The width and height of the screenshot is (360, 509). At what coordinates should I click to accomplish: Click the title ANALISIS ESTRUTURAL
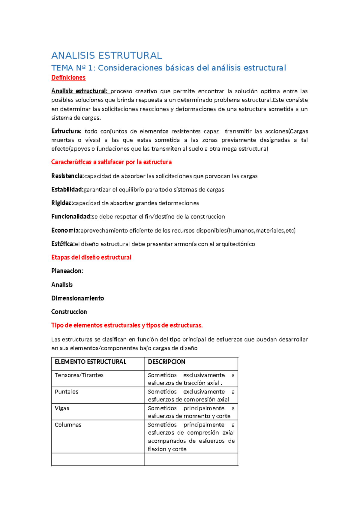point(106,56)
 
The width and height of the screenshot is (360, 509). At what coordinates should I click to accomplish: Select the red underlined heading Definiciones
point(68,78)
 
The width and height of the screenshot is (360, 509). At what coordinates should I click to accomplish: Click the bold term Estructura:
point(66,131)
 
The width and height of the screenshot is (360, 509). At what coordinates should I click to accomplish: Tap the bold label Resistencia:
point(67,176)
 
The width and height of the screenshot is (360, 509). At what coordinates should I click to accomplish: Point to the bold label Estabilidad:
point(67,189)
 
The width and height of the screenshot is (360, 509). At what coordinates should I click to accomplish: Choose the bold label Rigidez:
point(62,203)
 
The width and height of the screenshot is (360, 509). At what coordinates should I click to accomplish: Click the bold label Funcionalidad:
point(71,216)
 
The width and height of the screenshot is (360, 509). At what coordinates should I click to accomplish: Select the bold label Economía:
point(65,230)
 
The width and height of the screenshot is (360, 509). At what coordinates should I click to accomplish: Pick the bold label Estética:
point(63,244)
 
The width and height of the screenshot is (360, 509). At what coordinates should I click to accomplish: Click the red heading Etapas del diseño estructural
point(91,257)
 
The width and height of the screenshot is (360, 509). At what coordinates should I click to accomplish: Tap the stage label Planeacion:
point(67,271)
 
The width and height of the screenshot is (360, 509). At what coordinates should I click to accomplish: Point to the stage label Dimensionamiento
point(78,298)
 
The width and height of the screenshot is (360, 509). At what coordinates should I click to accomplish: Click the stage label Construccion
point(69,312)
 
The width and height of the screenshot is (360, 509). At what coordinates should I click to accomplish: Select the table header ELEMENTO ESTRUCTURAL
point(90,362)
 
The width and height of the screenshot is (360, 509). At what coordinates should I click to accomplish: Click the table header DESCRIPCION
point(166,362)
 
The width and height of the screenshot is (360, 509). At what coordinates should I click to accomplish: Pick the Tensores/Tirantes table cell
point(79,375)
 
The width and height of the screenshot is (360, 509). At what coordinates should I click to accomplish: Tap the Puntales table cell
point(66,392)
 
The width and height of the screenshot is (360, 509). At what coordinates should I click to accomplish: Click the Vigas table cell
point(62,408)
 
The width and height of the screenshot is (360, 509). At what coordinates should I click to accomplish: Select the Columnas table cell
point(68,425)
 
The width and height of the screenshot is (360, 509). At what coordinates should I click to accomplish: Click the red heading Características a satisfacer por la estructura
point(111,162)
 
